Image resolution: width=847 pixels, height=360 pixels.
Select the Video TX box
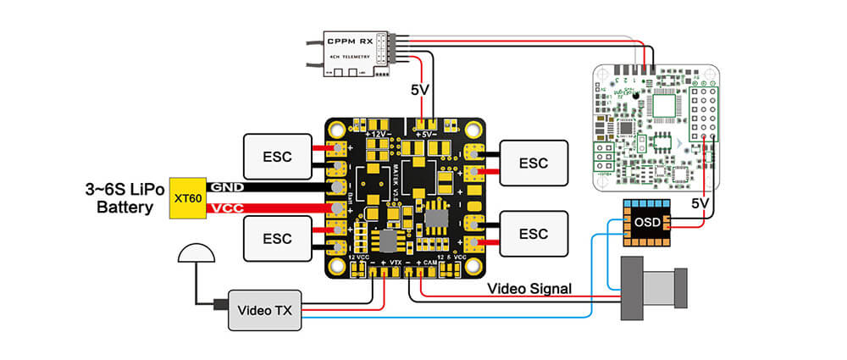click(264, 311)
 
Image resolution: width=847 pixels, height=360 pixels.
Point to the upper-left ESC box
click(277, 156)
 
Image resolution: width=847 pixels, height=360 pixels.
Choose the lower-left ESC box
click(277, 238)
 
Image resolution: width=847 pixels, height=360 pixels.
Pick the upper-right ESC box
click(534, 162)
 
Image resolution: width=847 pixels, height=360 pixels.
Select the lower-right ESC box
click(534, 233)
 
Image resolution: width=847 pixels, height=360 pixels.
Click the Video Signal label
click(529, 288)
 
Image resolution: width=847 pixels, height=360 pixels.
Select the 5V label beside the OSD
click(700, 203)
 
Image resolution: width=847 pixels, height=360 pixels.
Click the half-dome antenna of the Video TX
click(196, 252)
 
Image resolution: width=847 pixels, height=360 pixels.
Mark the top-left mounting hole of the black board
click(338, 130)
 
